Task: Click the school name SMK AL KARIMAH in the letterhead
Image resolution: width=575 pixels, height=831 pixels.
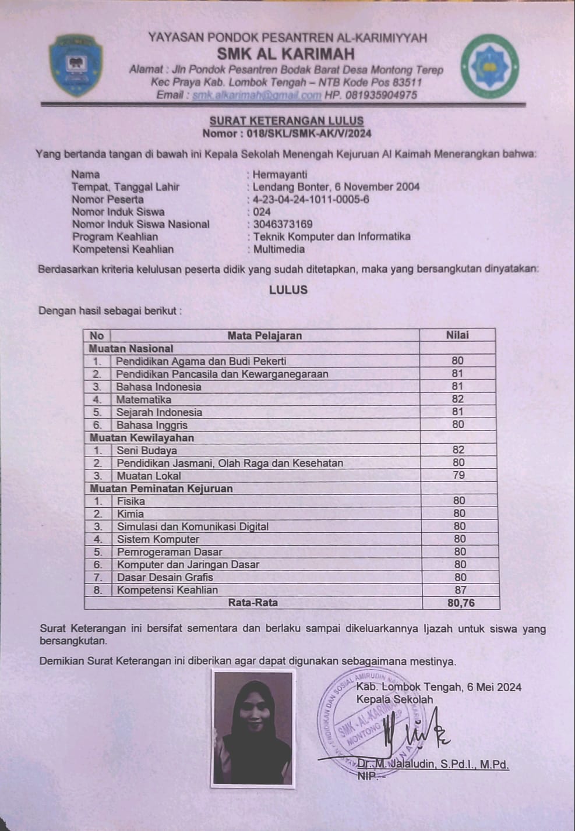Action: pos(285,54)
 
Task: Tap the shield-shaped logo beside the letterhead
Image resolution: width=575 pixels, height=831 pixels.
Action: pos(76,65)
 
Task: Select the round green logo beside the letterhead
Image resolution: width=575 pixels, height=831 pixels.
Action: pos(489,65)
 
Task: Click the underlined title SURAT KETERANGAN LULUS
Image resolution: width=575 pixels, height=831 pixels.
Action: pos(287,121)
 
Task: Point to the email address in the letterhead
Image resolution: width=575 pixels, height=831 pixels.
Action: pos(256,95)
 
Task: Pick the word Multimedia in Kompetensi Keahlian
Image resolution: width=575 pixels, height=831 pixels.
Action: pos(279,249)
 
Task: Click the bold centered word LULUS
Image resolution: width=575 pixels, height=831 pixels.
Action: pos(288,290)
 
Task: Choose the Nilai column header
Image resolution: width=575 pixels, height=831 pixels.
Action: pos(457,335)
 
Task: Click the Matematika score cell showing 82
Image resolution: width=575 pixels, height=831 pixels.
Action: pos(458,399)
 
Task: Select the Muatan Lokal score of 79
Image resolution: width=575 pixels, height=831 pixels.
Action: pos(459,475)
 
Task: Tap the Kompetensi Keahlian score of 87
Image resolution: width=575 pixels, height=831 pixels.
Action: pos(460,590)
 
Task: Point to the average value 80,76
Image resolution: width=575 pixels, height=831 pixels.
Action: pos(461,603)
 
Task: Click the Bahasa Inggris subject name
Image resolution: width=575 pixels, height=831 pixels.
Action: pos(151,425)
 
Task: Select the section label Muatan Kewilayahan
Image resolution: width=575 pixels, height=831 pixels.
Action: pos(142,438)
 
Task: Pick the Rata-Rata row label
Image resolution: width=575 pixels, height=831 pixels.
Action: pos(253,603)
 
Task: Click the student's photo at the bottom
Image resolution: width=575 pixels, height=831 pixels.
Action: pos(253,729)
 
